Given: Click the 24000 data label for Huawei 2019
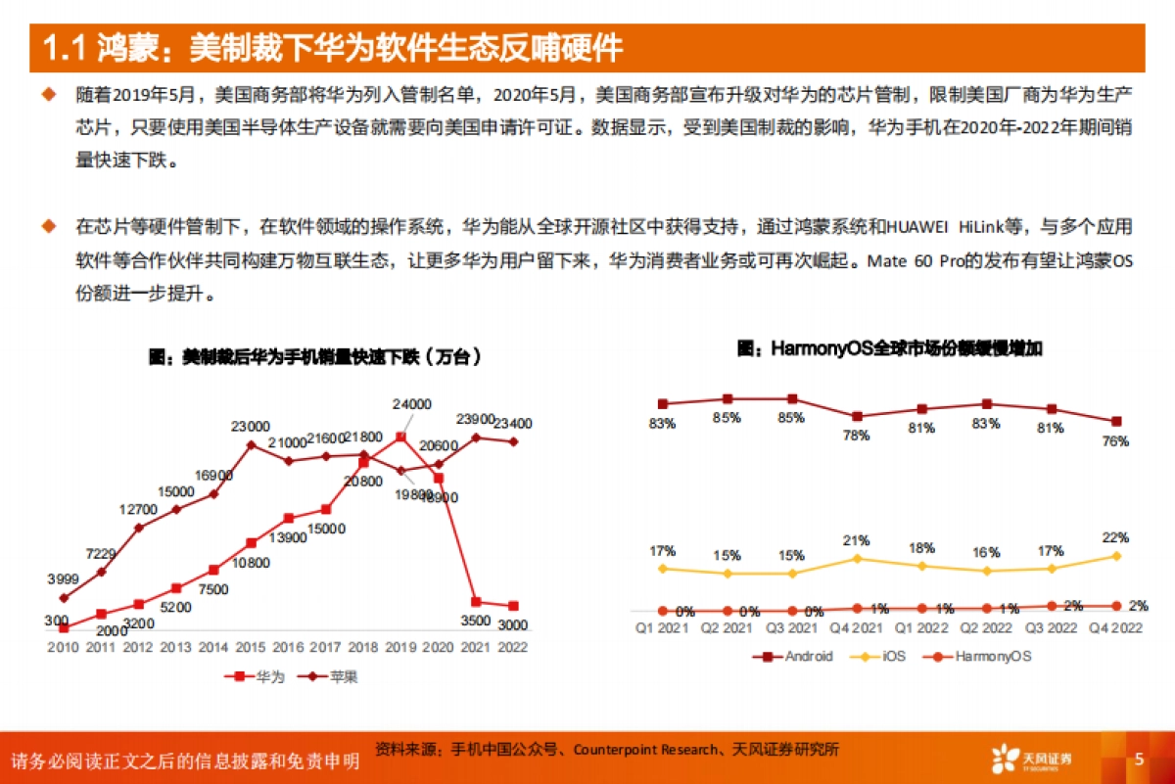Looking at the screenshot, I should [x=411, y=403].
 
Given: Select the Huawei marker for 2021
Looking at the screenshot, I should [x=476, y=601].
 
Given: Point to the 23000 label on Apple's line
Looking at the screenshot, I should [x=251, y=427].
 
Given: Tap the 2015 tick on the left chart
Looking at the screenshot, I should [x=251, y=647].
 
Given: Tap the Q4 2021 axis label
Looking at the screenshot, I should [x=857, y=627].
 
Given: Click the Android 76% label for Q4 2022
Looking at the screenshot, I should [x=1114, y=441].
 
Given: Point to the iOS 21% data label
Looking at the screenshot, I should [x=857, y=541].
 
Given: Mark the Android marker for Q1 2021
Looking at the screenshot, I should [x=663, y=403].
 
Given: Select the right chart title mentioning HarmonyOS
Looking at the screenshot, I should [x=888, y=347].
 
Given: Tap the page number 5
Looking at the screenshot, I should [x=1139, y=759].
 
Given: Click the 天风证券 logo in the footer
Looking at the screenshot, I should [x=1032, y=759].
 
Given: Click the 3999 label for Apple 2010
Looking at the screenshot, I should [x=63, y=579].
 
